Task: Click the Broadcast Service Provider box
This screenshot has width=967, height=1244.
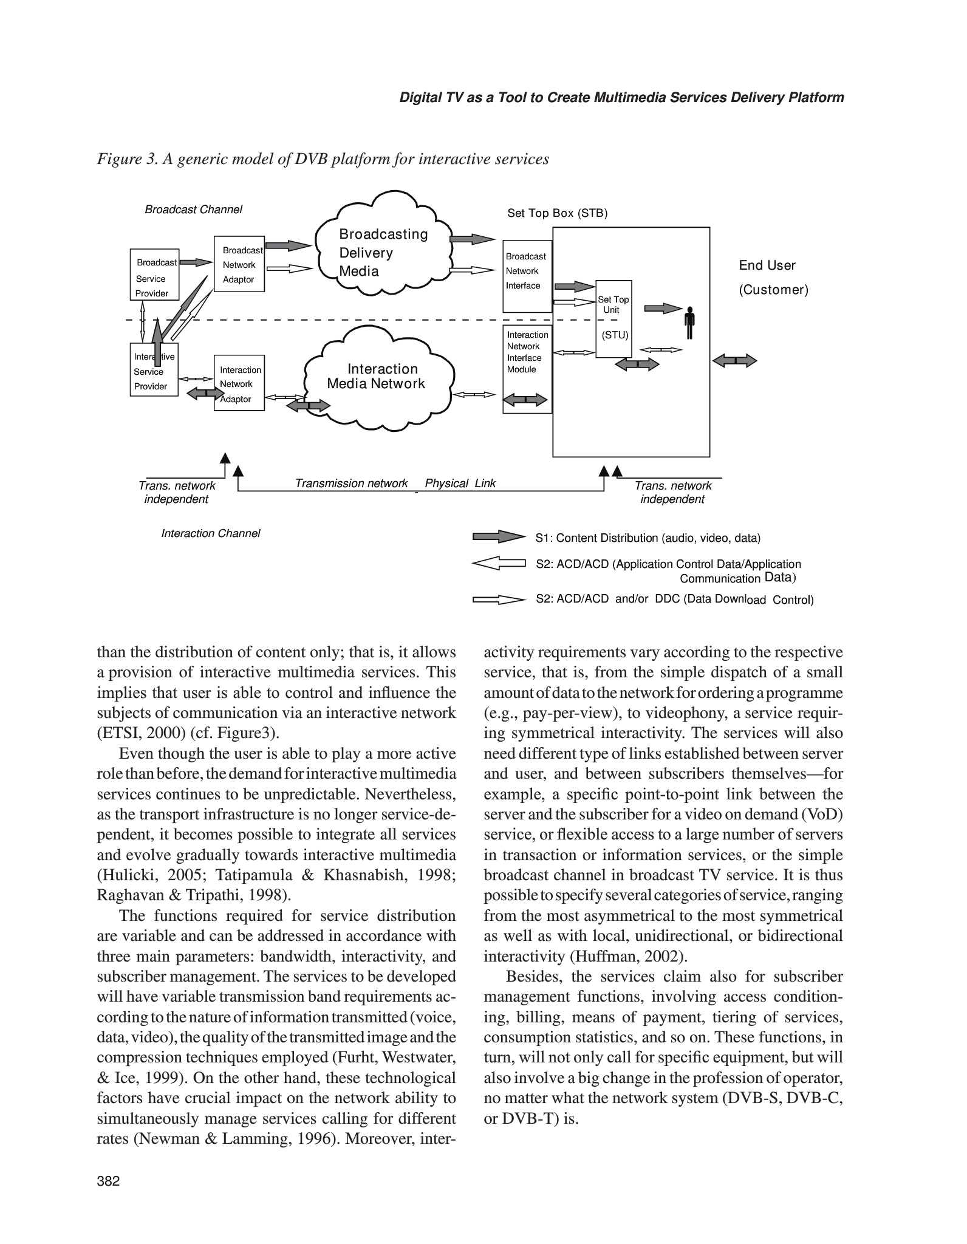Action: click(154, 274)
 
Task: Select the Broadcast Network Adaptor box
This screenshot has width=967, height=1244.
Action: click(239, 264)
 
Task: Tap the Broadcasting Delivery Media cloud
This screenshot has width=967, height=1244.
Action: click(383, 253)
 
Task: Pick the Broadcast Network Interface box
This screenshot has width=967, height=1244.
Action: click(527, 276)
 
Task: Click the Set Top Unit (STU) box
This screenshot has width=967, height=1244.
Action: click(613, 318)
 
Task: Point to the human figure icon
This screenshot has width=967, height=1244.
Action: click(689, 323)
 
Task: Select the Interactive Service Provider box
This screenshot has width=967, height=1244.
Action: click(154, 370)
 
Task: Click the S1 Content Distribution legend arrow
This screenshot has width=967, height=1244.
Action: click(498, 537)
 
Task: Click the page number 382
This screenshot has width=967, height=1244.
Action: click(109, 1181)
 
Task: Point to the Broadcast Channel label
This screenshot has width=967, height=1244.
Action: click(193, 210)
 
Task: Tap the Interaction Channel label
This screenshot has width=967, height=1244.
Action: click(210, 533)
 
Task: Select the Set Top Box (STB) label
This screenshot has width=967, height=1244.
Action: click(557, 213)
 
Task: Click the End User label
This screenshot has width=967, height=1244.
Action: click(767, 265)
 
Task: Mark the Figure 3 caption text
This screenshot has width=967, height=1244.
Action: click(323, 159)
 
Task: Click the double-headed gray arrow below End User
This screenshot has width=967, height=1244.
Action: click(734, 361)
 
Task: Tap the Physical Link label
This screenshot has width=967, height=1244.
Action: click(460, 484)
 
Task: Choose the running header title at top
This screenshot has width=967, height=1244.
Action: click(621, 98)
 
